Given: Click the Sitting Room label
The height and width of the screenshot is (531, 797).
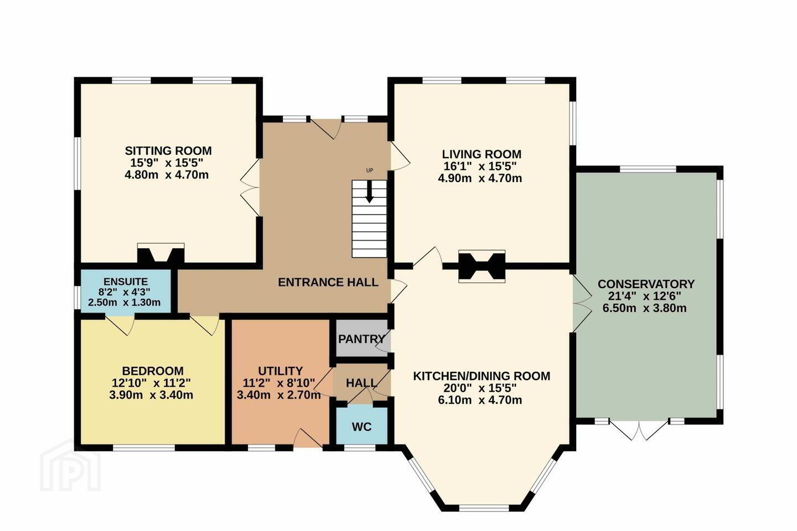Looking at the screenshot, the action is [168, 151].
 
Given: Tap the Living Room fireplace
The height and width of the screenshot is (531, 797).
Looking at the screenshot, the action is [482, 266].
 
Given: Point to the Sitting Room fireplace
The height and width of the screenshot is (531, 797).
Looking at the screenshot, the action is [161, 254].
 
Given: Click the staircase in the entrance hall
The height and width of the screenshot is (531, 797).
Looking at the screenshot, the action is [369, 218].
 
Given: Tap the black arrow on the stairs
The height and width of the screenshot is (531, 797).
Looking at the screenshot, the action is [369, 192].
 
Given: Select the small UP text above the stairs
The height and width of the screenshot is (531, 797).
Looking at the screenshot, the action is [370, 170].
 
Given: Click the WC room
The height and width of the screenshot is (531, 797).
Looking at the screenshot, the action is [362, 426].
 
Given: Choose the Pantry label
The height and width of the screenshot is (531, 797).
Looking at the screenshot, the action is [362, 339].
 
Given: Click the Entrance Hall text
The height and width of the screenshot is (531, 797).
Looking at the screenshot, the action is [328, 283].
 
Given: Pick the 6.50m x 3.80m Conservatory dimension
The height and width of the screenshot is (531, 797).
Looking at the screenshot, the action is [644, 308].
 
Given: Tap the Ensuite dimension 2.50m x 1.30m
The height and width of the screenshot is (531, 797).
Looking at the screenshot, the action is [124, 303].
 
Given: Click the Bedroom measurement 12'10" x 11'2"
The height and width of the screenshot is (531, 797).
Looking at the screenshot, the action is [152, 383].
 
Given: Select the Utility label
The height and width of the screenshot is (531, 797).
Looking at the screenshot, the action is [281, 371].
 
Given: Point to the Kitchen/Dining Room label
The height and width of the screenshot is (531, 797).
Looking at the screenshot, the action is [482, 376].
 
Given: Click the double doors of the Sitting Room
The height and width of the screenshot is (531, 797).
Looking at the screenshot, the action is [251, 187].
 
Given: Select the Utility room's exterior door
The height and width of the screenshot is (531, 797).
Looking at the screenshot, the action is [308, 438].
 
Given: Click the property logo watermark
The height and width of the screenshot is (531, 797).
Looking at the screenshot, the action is [71, 466].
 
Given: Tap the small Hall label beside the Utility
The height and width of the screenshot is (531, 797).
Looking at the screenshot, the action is [361, 383].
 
